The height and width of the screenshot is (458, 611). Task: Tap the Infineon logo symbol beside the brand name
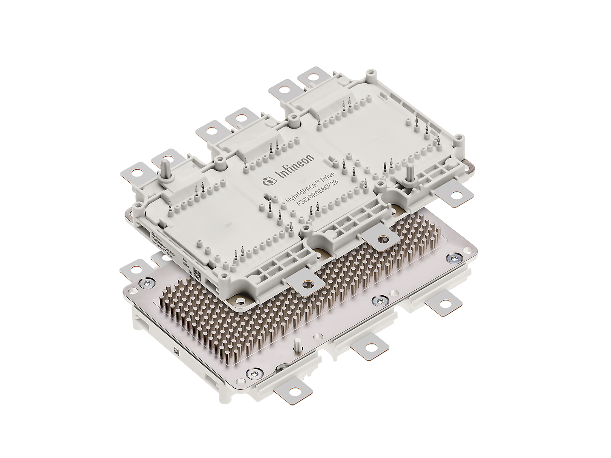click(x=268, y=181)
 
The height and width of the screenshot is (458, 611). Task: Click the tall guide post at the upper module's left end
click(x=165, y=168)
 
